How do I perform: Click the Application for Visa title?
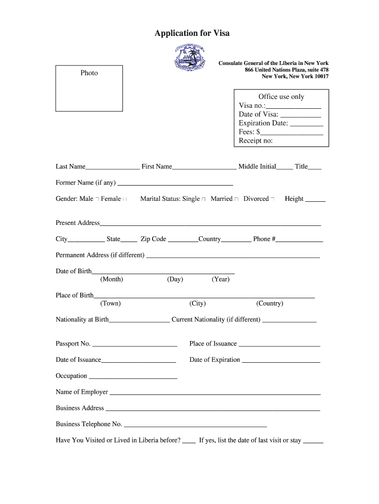pyautogui.click(x=192, y=33)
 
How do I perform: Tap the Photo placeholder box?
pyautogui.click(x=89, y=89)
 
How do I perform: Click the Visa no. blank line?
pyautogui.click(x=293, y=106)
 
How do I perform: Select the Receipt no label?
pyautogui.click(x=255, y=141)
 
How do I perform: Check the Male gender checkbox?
pyautogui.click(x=97, y=199)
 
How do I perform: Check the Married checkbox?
pyautogui.click(x=236, y=199)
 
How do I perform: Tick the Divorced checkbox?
pyautogui.click(x=273, y=199)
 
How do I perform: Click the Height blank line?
pyautogui.click(x=316, y=200)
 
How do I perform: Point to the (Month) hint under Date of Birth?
pyautogui.click(x=112, y=280)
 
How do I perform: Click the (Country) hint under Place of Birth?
pyautogui.click(x=270, y=304)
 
